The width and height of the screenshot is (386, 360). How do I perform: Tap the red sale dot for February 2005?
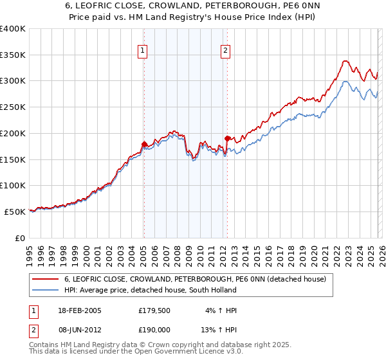pyautogui.click(x=144, y=144)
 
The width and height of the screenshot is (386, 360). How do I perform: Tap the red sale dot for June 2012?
pyautogui.click(x=227, y=138)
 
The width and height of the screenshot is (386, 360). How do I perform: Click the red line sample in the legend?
pyautogui.click(x=45, y=279)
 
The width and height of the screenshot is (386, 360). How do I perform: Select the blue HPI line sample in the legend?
pyautogui.click(x=45, y=290)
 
